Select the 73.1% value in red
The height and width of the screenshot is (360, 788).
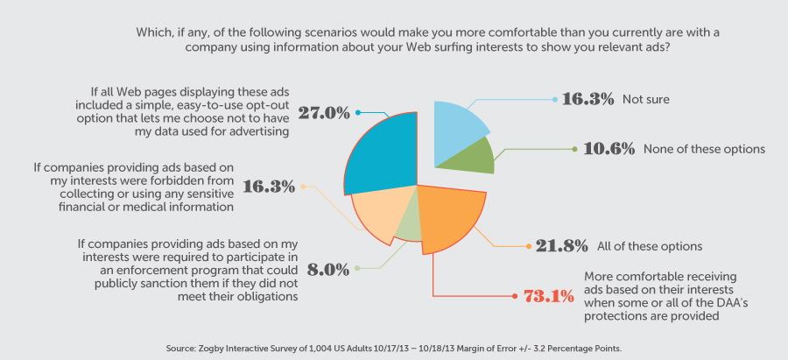(x=549, y=296)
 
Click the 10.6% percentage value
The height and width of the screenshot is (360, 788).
(x=609, y=149)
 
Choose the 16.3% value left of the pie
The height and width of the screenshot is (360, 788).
(x=275, y=187)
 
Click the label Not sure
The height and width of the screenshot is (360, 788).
(x=646, y=99)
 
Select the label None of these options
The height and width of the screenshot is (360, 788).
(x=704, y=149)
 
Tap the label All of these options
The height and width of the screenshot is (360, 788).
(x=650, y=246)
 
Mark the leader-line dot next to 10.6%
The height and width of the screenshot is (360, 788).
(x=574, y=149)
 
